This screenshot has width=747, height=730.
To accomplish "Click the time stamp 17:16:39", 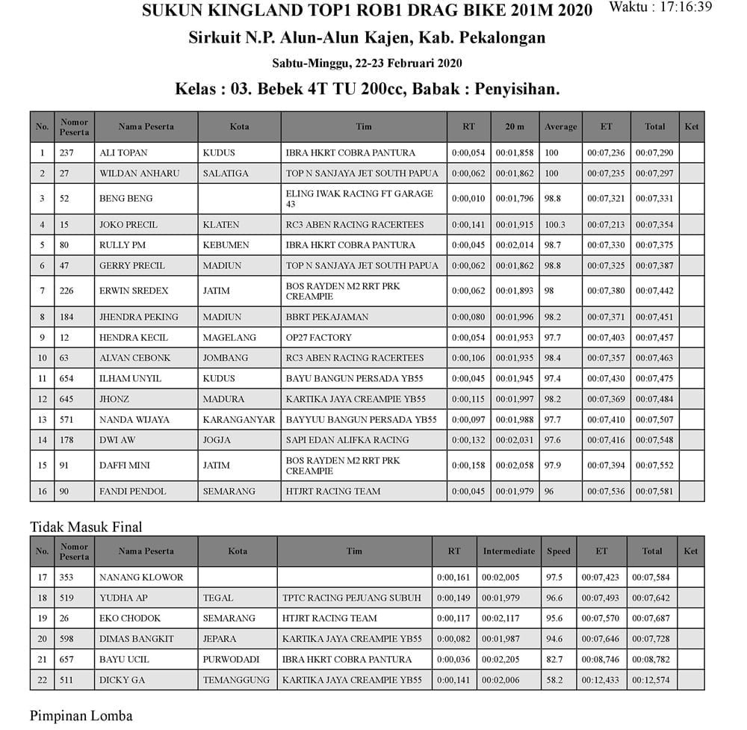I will pyautogui.click(x=686, y=7).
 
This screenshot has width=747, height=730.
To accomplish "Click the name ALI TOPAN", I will pyautogui.click(x=123, y=153).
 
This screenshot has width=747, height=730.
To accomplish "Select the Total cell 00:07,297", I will pyautogui.click(x=654, y=173).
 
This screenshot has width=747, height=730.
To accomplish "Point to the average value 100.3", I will pyautogui.click(x=555, y=225).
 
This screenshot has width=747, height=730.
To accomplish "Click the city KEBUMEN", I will pyautogui.click(x=226, y=245).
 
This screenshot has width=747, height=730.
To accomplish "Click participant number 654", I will pyautogui.click(x=68, y=379).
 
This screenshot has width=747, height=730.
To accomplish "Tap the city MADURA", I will pyautogui.click(x=223, y=399).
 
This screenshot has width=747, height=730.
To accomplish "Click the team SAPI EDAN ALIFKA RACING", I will pyautogui.click(x=347, y=440).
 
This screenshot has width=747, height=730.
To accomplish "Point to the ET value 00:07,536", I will pyautogui.click(x=606, y=492).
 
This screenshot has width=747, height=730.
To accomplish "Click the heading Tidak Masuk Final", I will pyautogui.click(x=86, y=527).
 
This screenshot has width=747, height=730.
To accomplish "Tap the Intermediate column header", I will pyautogui.click(x=509, y=551).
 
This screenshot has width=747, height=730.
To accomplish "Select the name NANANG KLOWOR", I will pyautogui.click(x=141, y=578).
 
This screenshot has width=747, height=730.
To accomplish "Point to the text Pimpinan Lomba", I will pyautogui.click(x=81, y=716).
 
